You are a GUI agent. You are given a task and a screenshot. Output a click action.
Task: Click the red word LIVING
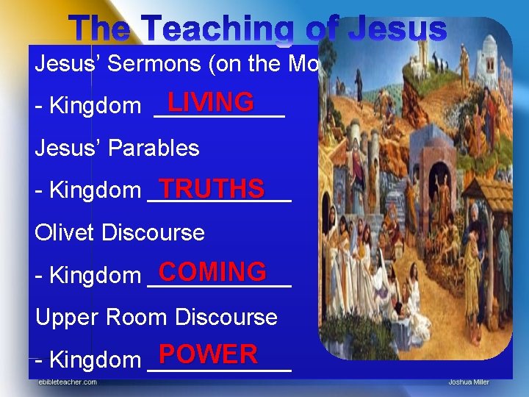coord(210,101)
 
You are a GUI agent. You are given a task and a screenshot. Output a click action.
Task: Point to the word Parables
coord(155,149)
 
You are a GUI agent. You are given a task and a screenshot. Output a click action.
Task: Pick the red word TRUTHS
coord(212,188)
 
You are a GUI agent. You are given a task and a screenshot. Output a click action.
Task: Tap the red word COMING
coord(212,272)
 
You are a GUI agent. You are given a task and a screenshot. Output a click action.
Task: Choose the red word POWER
coord(208,355)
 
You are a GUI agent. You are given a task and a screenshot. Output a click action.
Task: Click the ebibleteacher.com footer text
coord(68,382)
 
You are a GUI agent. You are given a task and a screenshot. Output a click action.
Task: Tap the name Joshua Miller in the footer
coord(468,382)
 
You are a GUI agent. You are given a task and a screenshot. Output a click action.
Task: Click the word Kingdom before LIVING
coord(95,107)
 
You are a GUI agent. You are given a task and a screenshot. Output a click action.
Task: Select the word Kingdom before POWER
coord(95,360)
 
